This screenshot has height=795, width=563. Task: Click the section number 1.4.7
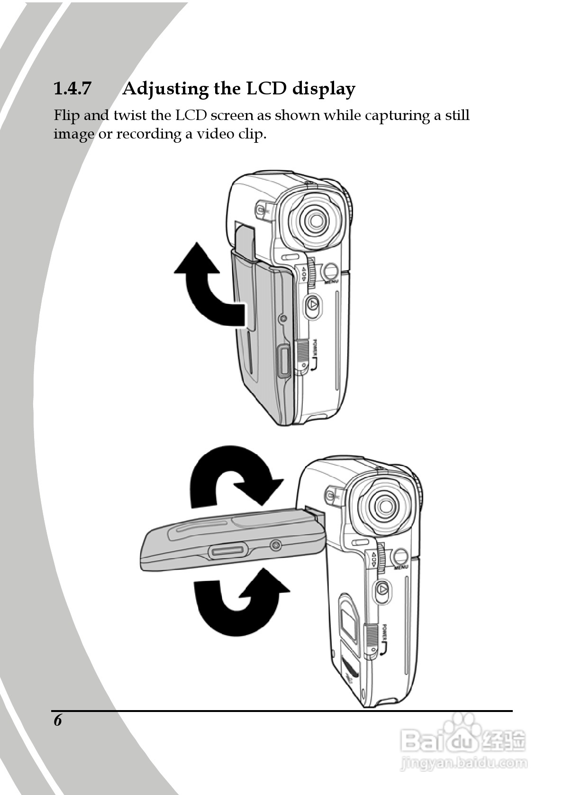[x=72, y=89]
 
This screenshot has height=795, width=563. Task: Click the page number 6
[x=58, y=720]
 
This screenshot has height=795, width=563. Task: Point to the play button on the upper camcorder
[x=312, y=304]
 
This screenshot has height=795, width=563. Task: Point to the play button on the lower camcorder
[x=382, y=590]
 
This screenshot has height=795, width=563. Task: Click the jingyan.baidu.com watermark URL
[x=464, y=763]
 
